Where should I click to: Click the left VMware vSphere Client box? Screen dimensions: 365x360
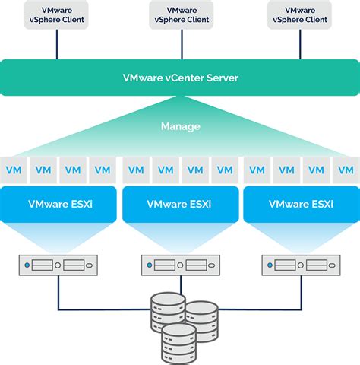click(x=57, y=15)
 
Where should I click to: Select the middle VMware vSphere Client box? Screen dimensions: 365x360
click(x=179, y=15)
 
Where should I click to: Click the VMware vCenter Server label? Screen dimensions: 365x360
click(x=179, y=78)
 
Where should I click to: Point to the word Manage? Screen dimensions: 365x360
click(x=179, y=125)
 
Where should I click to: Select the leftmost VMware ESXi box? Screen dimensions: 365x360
click(x=57, y=204)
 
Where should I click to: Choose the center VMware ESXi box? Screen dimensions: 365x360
click(x=179, y=204)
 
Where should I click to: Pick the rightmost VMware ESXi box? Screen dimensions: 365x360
click(x=302, y=204)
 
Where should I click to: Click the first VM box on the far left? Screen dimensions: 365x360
click(x=14, y=170)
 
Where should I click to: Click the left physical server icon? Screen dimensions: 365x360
click(x=57, y=265)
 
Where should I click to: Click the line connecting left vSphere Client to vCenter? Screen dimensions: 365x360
click(x=57, y=45)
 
